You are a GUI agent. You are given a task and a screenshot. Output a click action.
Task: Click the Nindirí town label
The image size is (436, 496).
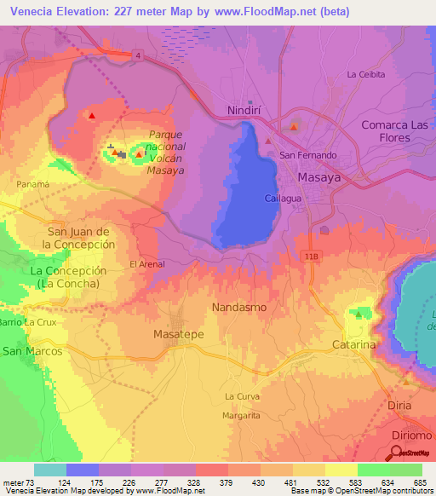pyautogui.click(x=249, y=111)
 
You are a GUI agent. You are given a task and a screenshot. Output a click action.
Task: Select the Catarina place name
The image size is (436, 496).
pyautogui.click(x=353, y=345)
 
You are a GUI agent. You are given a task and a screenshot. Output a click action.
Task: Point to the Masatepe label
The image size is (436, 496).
pyautogui.click(x=178, y=335)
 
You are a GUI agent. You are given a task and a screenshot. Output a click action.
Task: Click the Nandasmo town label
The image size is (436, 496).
pyautogui.click(x=238, y=306)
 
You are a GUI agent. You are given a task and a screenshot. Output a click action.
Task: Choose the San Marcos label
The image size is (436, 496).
pyautogui.click(x=33, y=351)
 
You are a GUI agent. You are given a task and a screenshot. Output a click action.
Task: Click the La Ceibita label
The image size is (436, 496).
pyautogui.click(x=366, y=75)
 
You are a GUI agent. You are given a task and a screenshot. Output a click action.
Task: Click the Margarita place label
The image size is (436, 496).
pyautogui.click(x=243, y=415)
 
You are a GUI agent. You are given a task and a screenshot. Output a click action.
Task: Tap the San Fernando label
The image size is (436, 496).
pyautogui.click(x=308, y=156)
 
